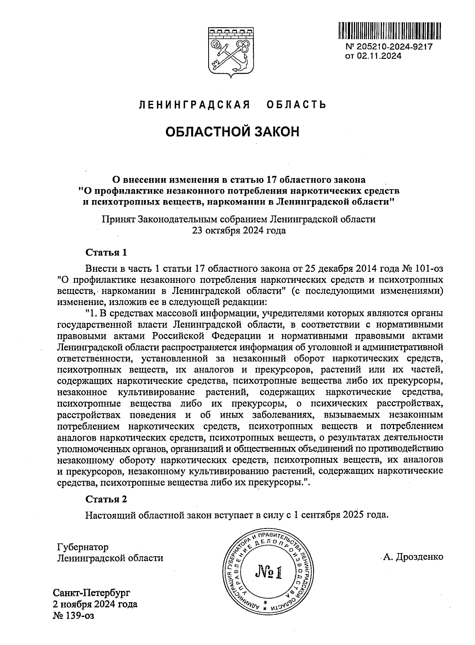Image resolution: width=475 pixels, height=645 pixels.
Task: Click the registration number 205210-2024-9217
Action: [x=394, y=46]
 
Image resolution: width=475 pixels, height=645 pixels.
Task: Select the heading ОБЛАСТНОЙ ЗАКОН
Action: [x=232, y=132]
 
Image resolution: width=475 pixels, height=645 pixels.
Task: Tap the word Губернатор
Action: [x=83, y=547]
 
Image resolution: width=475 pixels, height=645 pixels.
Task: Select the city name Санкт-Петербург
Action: [x=91, y=593]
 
